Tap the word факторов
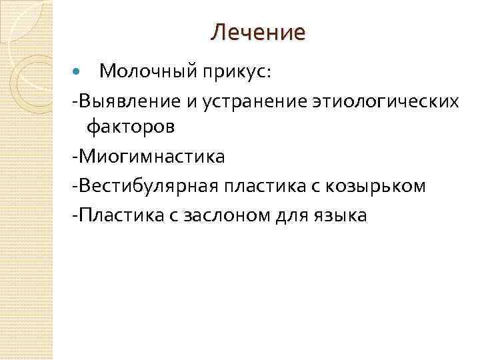click(x=139, y=126)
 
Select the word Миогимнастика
click(x=152, y=157)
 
